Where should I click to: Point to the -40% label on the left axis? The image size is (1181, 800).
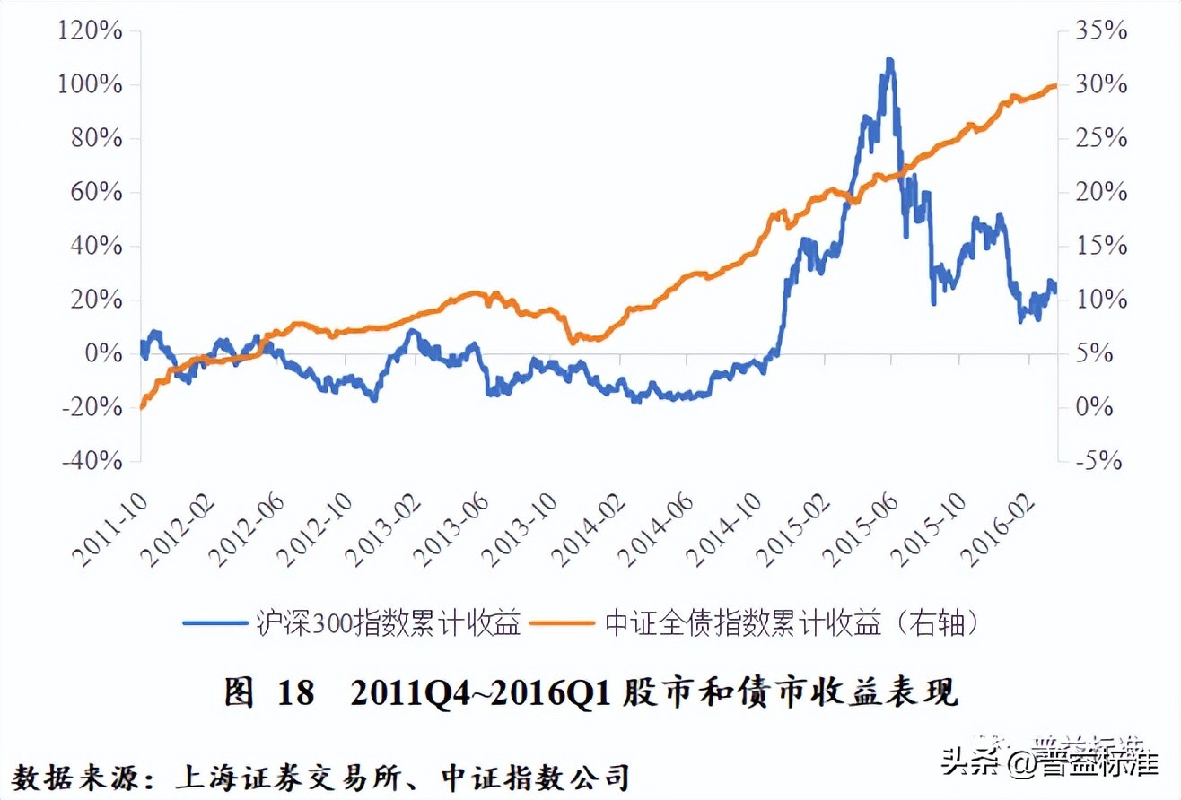point(91,461)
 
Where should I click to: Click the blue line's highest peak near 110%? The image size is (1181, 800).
point(888,60)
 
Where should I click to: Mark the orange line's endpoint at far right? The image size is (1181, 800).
point(1056,85)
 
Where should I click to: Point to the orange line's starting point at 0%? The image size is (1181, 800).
point(142,407)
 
